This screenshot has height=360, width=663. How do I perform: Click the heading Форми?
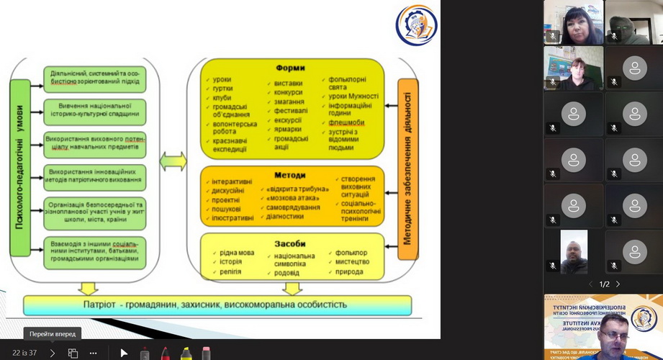291,69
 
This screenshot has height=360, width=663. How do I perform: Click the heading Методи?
290,175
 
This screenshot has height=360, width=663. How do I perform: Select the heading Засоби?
290,244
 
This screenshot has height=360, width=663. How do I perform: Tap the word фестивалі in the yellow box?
290,111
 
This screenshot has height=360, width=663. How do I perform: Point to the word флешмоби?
346,122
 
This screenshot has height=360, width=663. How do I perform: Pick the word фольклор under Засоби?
351,253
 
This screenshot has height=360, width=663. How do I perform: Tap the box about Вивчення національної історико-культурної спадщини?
94,111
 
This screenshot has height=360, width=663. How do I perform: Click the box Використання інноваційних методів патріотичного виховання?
94,176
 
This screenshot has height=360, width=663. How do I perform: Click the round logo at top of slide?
416,25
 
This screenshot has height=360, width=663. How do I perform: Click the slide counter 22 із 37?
24,353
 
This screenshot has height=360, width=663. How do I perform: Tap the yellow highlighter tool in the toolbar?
186,354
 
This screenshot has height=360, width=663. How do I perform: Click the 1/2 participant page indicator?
605,284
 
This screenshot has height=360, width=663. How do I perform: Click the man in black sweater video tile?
573,253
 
